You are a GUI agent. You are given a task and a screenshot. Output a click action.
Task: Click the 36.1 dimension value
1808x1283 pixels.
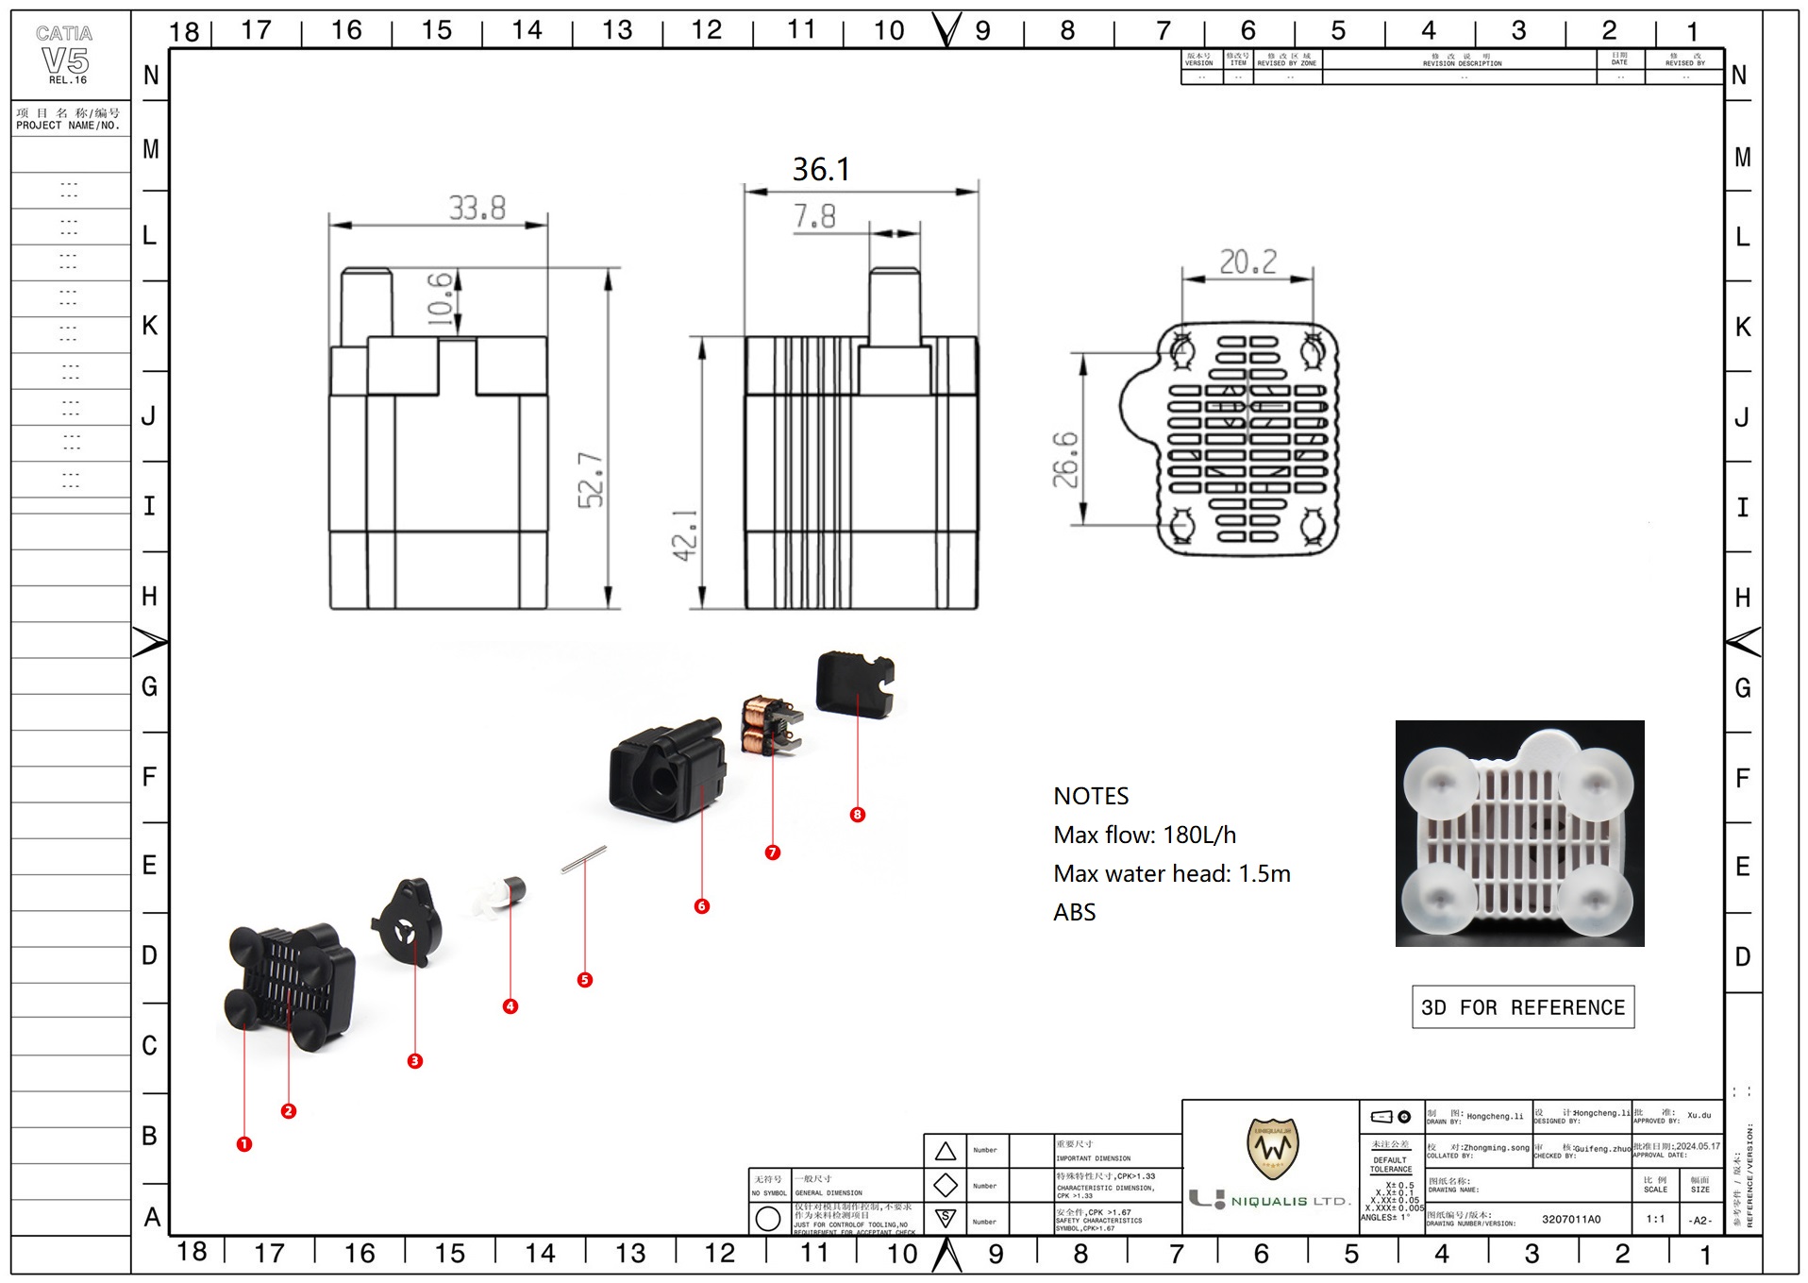821,170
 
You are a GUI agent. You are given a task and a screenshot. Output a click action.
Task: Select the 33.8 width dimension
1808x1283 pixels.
477,208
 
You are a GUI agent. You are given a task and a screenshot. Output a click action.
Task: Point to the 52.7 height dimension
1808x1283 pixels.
592,480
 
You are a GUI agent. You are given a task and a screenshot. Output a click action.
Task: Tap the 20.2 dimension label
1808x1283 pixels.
1247,262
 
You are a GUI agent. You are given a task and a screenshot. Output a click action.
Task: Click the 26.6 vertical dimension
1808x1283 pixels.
1065,460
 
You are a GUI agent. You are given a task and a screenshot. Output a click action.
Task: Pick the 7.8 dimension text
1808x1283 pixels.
813,217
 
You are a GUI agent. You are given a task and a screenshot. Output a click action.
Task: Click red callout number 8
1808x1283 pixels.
857,815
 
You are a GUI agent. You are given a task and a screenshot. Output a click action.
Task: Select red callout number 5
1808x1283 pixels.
585,980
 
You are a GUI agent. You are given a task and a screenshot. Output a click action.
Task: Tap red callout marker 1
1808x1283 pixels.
244,1144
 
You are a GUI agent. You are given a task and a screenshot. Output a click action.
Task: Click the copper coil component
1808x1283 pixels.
761,725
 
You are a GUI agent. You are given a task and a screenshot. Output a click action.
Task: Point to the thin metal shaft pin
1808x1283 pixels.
584,859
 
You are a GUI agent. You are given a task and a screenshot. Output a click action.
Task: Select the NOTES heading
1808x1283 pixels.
1091,796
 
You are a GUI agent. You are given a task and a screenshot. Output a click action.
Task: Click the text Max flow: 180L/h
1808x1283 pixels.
1145,835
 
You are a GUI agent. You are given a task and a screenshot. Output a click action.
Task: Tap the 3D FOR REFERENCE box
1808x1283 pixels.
1522,1007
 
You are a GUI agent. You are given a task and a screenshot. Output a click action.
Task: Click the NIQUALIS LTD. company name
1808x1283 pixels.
1290,1201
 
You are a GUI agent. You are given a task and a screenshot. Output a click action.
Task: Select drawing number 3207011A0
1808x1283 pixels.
1571,1219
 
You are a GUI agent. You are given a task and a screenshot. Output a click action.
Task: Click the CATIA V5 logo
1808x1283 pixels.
65,57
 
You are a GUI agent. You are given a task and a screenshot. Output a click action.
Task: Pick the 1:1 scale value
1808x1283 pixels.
1655,1219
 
